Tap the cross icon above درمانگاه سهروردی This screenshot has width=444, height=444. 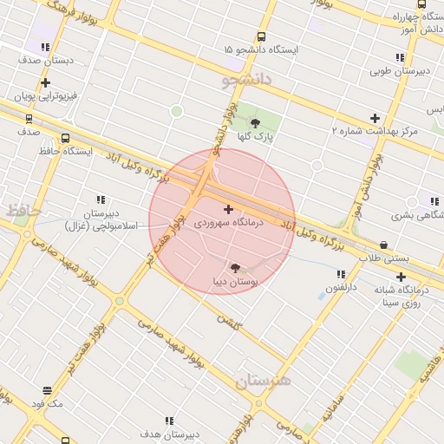228,209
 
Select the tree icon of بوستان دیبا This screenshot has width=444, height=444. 234,268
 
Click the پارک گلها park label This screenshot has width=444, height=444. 257,137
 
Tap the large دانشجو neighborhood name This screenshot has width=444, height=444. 246,82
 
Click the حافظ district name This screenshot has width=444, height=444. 16,210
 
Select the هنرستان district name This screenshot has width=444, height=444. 262,381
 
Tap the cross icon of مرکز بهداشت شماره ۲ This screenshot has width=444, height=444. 375,117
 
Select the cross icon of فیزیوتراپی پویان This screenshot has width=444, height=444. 43,81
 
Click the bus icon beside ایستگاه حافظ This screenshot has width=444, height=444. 65,137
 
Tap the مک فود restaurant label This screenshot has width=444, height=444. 47,404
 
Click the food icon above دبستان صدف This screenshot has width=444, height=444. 44,48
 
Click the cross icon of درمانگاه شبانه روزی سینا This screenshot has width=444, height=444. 401,277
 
